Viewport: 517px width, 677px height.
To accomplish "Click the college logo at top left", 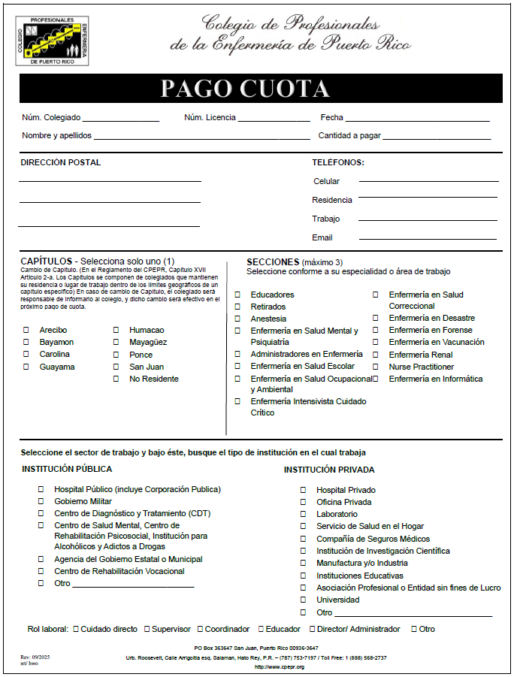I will (52, 40).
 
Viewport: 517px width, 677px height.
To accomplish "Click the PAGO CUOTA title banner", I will (262, 89).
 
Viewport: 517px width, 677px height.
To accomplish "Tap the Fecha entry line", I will (417, 119).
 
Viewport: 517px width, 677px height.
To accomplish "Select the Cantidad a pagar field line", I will (437, 138).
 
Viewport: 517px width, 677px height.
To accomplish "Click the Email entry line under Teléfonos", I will (428, 238).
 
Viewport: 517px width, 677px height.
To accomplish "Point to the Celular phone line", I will (428, 181).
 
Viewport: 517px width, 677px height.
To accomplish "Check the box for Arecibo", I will (26, 330).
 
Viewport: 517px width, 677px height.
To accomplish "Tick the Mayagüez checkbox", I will (116, 343).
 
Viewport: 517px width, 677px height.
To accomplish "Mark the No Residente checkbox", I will (116, 379).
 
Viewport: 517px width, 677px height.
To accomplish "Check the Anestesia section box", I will (237, 319).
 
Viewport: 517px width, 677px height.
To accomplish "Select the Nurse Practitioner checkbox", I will (376, 367).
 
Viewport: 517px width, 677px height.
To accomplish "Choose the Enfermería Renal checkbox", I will (376, 355).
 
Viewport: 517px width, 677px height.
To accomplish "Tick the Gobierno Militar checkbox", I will (41, 501).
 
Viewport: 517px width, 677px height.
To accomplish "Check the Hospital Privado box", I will (304, 490).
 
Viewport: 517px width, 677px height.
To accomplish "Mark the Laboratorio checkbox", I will (304, 514).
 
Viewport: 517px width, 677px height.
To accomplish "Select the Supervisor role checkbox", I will (146, 629).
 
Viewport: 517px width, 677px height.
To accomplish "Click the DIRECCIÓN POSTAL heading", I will (61, 162).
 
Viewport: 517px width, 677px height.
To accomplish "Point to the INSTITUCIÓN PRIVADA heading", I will (330, 470).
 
